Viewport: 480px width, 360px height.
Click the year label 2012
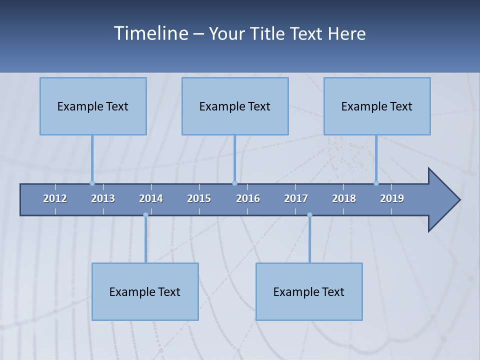pyautogui.click(x=55, y=198)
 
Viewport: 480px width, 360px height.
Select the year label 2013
pyautogui.click(x=103, y=198)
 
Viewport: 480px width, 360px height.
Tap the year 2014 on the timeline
pyautogui.click(x=151, y=198)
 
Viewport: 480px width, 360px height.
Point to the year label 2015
pyautogui.click(x=199, y=198)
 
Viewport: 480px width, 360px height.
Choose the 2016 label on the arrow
pyautogui.click(x=248, y=198)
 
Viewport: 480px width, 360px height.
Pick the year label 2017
pyautogui.click(x=296, y=198)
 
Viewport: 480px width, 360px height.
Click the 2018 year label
pyautogui.click(x=344, y=198)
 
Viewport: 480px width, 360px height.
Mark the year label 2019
pyautogui.click(x=392, y=198)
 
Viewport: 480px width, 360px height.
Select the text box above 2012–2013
pyautogui.click(x=93, y=106)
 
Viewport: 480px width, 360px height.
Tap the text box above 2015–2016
pyautogui.click(x=235, y=106)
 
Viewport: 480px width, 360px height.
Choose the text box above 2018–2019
pyautogui.click(x=377, y=106)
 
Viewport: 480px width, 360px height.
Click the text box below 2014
pyautogui.click(x=145, y=291)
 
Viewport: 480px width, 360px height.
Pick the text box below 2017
pyautogui.click(x=309, y=291)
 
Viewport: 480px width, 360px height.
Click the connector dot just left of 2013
pyautogui.click(x=92, y=183)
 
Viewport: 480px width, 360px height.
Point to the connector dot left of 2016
pyautogui.click(x=234, y=183)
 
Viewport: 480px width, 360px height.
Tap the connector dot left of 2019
pyautogui.click(x=376, y=183)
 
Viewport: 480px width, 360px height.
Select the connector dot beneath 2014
pyautogui.click(x=145, y=215)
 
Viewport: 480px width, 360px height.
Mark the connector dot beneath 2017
pyautogui.click(x=309, y=215)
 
